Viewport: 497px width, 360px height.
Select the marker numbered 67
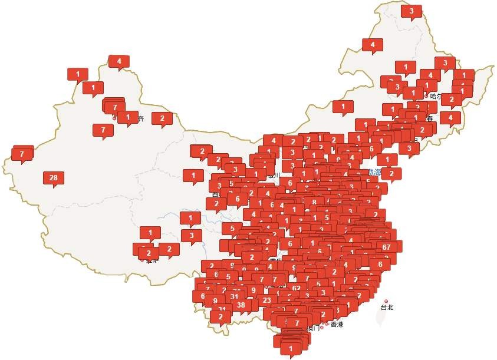pyautogui.click(x=387, y=247)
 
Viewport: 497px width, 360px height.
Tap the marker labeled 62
pyautogui.click(x=297, y=289)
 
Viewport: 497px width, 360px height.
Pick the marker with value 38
pyautogui.click(x=241, y=305)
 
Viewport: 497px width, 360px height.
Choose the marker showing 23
pyautogui.click(x=267, y=300)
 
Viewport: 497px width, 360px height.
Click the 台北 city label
pyautogui.click(x=387, y=308)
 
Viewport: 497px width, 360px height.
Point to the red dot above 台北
pyautogui.click(x=386, y=301)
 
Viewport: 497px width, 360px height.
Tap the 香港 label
pyautogui.click(x=337, y=324)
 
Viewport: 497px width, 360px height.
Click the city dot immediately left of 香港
pyautogui.click(x=327, y=323)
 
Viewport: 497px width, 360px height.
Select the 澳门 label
pyautogui.click(x=313, y=328)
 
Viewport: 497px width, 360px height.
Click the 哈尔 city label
pyautogui.click(x=436, y=96)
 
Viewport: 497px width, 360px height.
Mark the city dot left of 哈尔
pyautogui.click(x=426, y=95)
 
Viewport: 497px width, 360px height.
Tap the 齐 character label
pyautogui.click(x=140, y=118)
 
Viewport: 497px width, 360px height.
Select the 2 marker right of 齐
pyautogui.click(x=162, y=118)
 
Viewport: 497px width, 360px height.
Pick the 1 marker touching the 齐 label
pyautogui.click(x=127, y=117)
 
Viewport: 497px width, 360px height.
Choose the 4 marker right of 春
pyautogui.click(x=450, y=118)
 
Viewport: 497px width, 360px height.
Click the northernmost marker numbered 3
pyautogui.click(x=412, y=11)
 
